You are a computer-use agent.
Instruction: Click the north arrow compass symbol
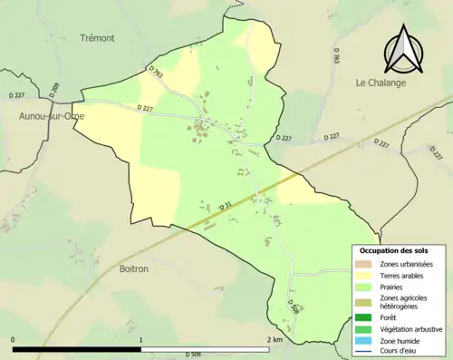point(403,50)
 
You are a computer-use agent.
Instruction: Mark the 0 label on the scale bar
point(14,339)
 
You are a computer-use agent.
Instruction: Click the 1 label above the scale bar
point(141,339)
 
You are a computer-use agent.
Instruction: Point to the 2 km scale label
point(275,339)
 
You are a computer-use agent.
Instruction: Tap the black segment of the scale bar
point(77,348)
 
